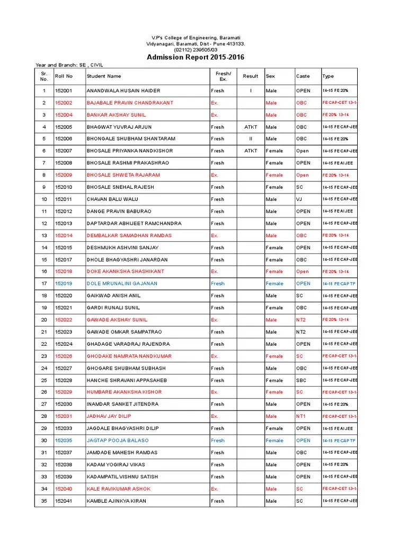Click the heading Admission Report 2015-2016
(196, 57)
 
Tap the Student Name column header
(104, 76)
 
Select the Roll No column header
(64, 76)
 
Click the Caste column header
(303, 76)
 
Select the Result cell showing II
(250, 139)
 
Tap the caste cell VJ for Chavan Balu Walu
(299, 199)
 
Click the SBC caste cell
(301, 380)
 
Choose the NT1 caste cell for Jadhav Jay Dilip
(301, 416)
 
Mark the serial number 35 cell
(44, 501)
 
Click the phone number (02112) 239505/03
(196, 49)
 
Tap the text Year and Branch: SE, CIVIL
(68, 65)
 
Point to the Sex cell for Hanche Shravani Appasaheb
(275, 380)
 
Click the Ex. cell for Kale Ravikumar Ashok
(215, 489)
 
